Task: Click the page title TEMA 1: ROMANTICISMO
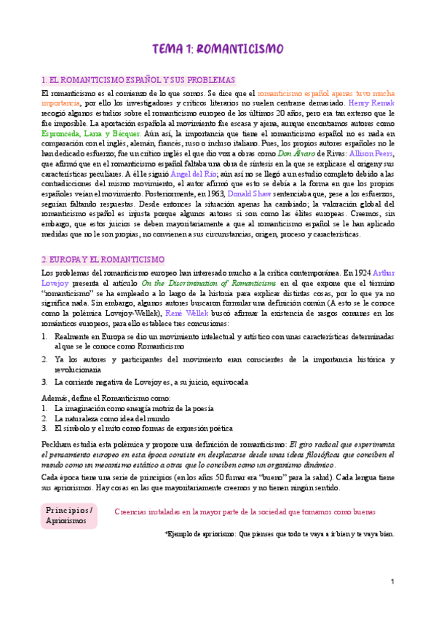click(x=218, y=49)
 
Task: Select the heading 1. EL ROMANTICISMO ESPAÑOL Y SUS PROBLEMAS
click(x=138, y=80)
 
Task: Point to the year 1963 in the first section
click(x=212, y=196)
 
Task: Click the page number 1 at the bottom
click(x=392, y=582)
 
